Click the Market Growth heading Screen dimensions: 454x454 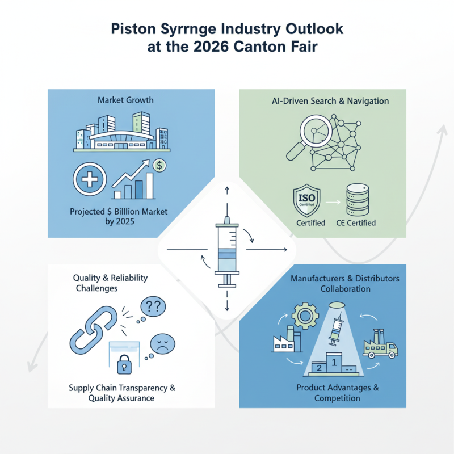point(125,100)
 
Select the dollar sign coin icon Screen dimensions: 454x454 point(160,165)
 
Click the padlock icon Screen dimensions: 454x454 point(123,364)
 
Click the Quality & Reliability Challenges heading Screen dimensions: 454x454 point(111,283)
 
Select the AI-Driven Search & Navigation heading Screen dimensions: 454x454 point(329,101)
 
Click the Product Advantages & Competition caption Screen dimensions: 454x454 point(337,393)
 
